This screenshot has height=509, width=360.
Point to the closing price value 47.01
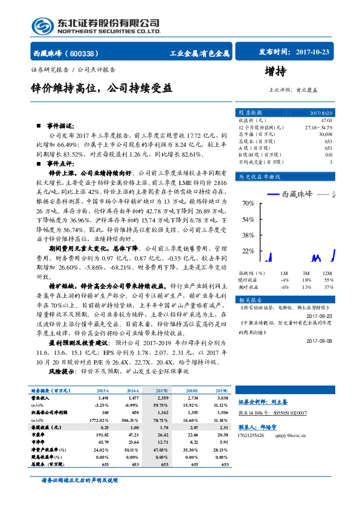[x=326, y=121]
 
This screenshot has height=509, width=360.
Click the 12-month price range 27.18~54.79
[x=318, y=128]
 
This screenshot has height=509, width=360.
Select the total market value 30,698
[x=324, y=134]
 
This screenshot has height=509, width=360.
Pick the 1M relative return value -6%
[x=284, y=287]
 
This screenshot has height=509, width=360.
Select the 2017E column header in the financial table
[x=161, y=391]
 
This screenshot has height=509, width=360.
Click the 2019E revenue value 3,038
[x=222, y=399]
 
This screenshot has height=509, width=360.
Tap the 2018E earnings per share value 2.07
[x=193, y=427]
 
